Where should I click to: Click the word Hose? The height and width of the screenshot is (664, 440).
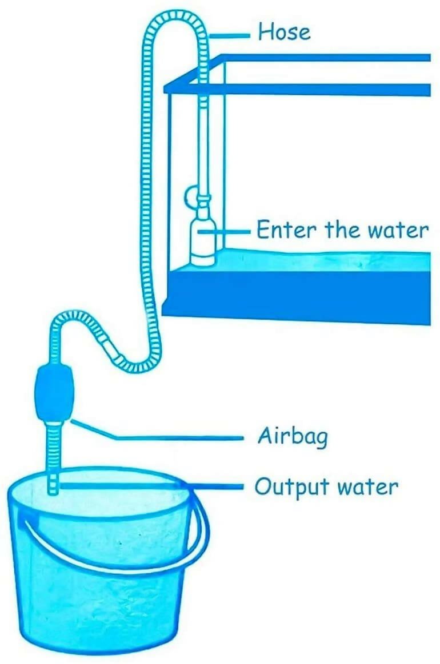[285, 32]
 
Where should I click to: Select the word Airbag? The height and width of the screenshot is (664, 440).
[293, 436]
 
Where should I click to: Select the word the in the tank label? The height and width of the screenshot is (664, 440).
[342, 230]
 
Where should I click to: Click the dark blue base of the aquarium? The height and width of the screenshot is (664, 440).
[297, 296]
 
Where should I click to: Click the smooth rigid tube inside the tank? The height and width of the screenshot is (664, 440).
[204, 144]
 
